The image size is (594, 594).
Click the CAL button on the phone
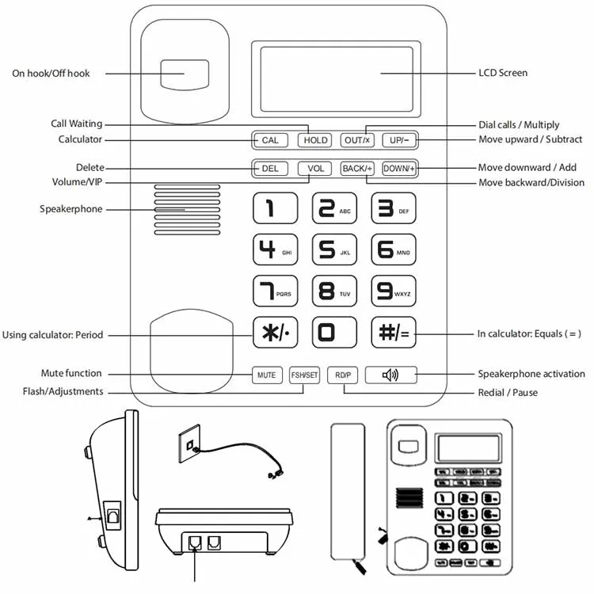pos(269,140)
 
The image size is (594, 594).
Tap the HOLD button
pos(315,140)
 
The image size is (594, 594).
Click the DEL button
pos(269,169)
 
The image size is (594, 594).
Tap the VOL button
pos(315,169)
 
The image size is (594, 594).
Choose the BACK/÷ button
pos(357,169)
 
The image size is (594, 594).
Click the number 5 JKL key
pos(334,250)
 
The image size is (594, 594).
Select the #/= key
pos(394,333)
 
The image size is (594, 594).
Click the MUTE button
pos(267,375)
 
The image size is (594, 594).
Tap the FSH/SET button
pos(304,375)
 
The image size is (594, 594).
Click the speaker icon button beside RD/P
pos(390,375)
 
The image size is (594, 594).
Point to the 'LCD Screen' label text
pos(503,74)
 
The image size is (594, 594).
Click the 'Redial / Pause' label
pos(508,393)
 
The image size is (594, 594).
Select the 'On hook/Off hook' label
pos(51,74)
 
